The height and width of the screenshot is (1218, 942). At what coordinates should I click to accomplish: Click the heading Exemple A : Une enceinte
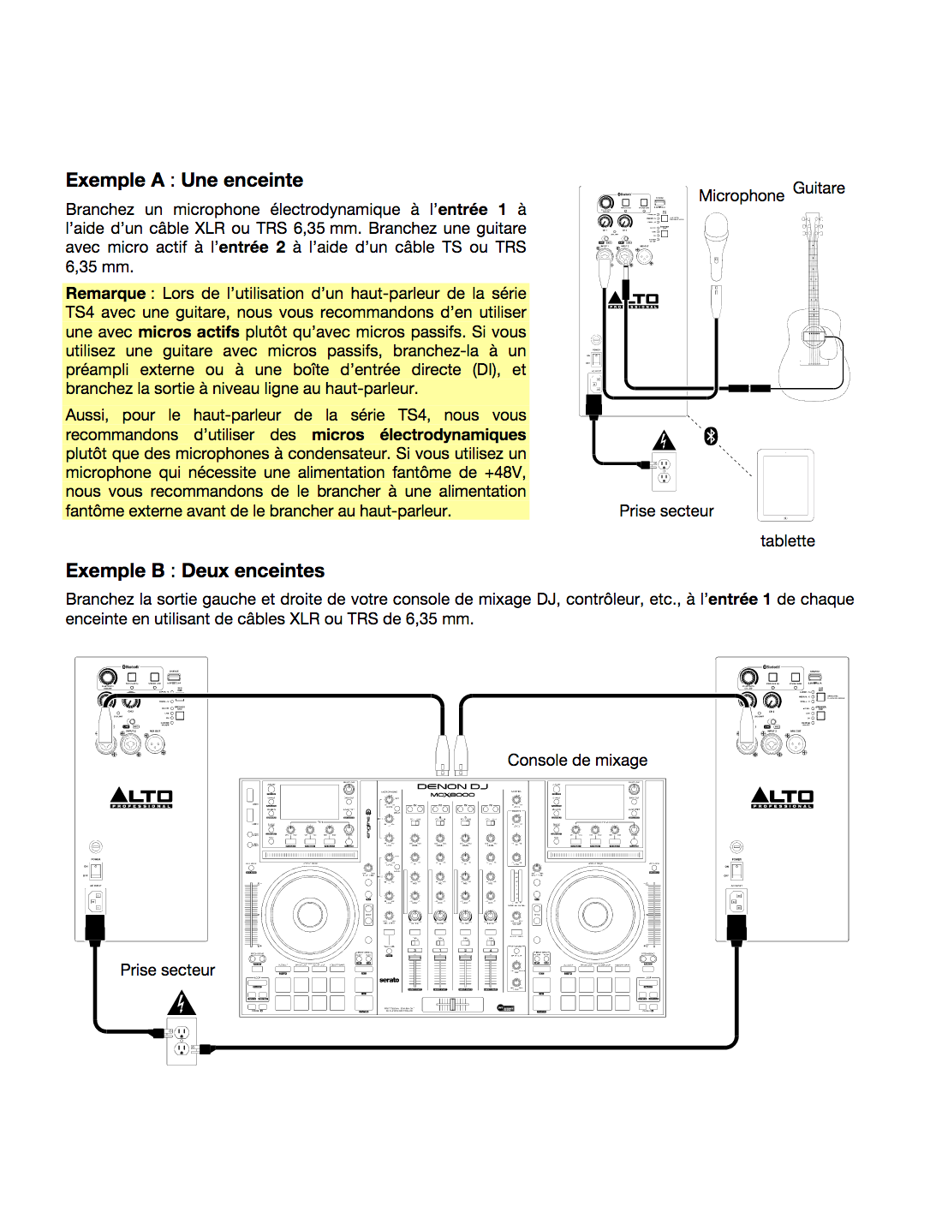184,180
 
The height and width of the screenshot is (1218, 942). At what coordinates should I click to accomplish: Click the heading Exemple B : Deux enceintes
195,570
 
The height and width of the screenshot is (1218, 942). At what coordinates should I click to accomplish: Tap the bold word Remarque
105,294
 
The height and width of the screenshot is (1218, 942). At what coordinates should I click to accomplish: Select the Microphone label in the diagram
741,196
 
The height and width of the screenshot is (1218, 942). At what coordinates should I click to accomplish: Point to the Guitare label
819,188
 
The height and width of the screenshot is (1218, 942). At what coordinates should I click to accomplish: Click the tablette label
787,541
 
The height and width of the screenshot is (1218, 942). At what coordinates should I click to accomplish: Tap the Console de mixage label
577,761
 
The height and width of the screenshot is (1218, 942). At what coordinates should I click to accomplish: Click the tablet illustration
785,485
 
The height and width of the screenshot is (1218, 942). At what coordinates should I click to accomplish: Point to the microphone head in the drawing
716,230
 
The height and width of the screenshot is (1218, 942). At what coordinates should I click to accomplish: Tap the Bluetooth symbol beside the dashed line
710,436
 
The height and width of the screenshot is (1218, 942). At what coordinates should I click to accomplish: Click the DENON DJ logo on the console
452,786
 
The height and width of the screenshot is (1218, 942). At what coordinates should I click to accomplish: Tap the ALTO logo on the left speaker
141,798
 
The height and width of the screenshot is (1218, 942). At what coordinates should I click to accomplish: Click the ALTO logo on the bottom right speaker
782,798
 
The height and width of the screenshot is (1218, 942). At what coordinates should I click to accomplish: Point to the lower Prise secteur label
167,970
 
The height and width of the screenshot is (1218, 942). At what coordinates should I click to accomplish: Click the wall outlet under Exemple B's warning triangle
182,1040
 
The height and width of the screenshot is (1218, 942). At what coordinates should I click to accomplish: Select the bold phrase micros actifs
188,332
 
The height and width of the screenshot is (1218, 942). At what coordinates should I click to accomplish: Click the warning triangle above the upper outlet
664,440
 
